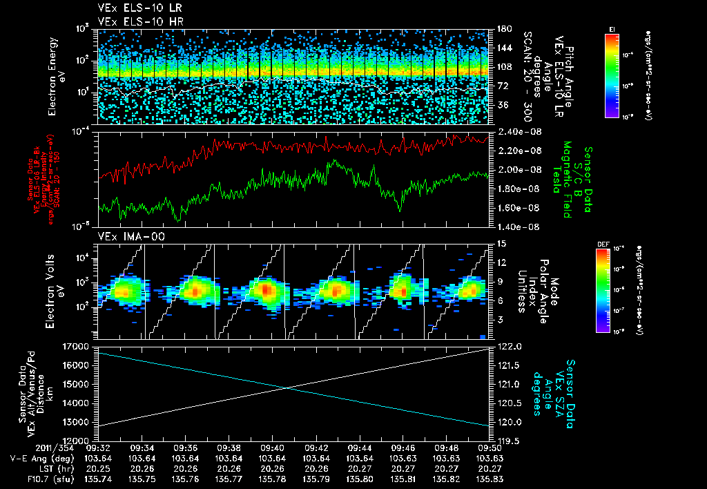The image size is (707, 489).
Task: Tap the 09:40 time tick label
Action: (273, 448)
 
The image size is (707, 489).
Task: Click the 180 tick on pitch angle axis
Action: (503, 30)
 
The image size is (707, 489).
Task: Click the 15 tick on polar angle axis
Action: (502, 244)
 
